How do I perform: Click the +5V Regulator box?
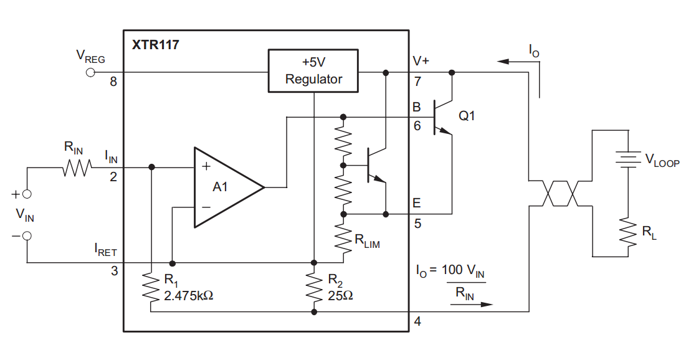click(x=313, y=71)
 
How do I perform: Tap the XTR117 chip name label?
click(x=156, y=45)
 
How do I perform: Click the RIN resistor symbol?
click(x=77, y=167)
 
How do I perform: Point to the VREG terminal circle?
click(x=90, y=73)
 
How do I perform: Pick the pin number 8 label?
click(x=113, y=82)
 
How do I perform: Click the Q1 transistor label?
click(x=467, y=116)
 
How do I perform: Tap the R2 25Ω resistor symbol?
click(x=314, y=288)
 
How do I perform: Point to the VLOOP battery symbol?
click(x=628, y=159)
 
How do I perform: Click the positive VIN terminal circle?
click(x=27, y=194)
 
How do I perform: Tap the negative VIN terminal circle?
click(x=27, y=236)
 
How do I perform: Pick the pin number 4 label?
click(x=417, y=322)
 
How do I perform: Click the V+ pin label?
click(x=421, y=61)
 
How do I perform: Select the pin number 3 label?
click(x=113, y=271)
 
